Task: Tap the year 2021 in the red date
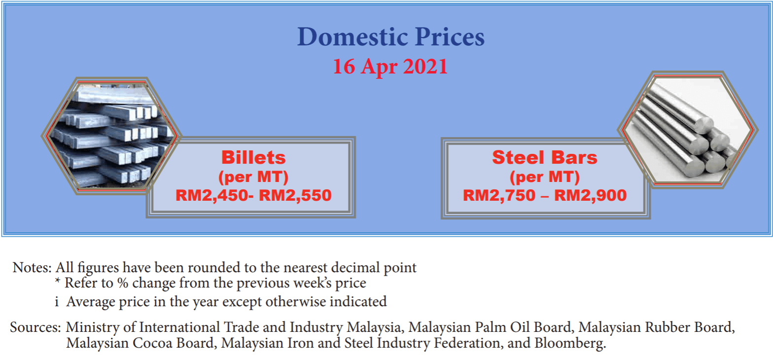425,67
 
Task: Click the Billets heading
253,157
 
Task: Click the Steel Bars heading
545,157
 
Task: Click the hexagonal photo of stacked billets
111,135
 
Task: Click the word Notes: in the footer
32,268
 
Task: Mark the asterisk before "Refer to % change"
58,283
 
